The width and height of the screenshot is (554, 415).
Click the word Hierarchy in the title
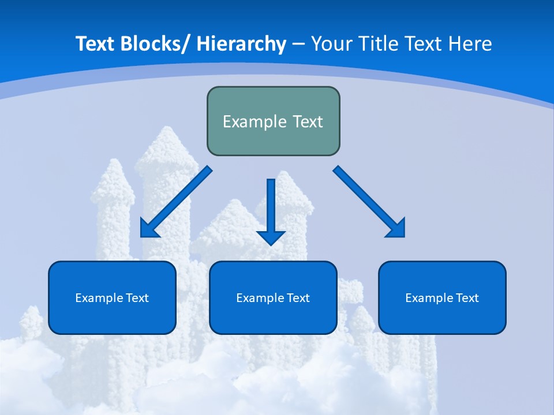coord(241,44)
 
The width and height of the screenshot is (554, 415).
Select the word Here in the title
coord(470,44)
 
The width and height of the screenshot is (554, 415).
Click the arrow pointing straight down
coord(271,207)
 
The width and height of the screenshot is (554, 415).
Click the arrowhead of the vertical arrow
coord(271,236)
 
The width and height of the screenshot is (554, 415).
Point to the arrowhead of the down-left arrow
coord(149,229)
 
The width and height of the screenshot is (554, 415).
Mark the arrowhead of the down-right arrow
coord(397,229)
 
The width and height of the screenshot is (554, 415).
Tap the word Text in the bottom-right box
coord(467,298)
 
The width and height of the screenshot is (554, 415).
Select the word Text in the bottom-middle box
coord(298,298)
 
